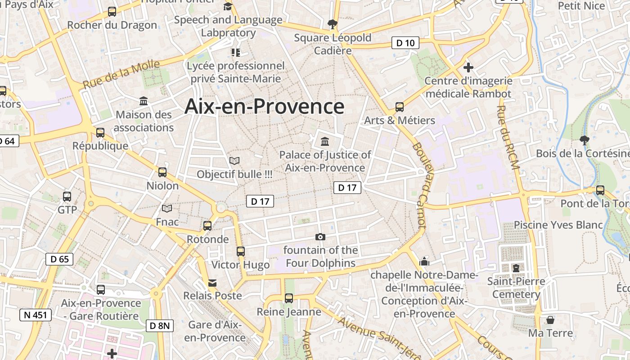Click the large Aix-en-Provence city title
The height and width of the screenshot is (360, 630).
coord(265,107)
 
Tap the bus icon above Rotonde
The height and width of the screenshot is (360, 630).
coord(207,225)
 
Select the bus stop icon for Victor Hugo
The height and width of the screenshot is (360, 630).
coord(241,251)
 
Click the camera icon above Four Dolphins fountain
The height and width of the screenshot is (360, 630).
coord(320,237)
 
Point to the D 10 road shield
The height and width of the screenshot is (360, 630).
coord(405,43)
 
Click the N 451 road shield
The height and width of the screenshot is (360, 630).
coord(36,315)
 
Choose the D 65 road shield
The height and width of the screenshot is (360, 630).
coord(60,259)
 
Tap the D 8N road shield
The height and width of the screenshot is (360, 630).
coord(160,325)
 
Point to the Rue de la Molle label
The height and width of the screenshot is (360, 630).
coord(121,74)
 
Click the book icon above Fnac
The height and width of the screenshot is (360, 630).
coord(167,208)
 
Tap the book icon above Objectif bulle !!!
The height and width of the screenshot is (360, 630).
coord(234,160)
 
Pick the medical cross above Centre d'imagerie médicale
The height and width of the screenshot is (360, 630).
coord(468,68)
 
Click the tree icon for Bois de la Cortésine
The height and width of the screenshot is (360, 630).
coord(585,140)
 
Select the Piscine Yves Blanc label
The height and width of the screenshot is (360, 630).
coord(558,225)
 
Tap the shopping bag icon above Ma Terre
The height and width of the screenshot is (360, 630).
coord(550,320)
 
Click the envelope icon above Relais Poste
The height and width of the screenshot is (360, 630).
coord(212,283)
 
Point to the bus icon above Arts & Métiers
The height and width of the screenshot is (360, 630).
coord(400,107)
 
